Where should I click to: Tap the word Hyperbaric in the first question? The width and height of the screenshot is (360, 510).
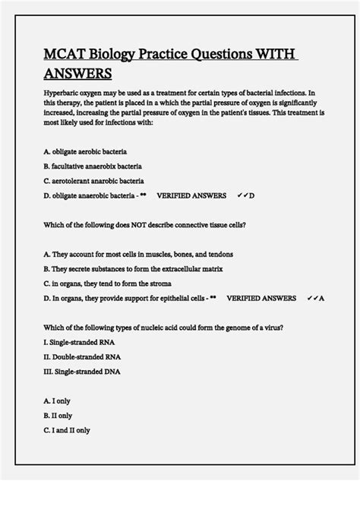pos(62,92)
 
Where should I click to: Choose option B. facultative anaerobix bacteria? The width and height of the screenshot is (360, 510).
pos(93,166)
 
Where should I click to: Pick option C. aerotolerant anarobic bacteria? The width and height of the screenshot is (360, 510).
pos(93,181)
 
